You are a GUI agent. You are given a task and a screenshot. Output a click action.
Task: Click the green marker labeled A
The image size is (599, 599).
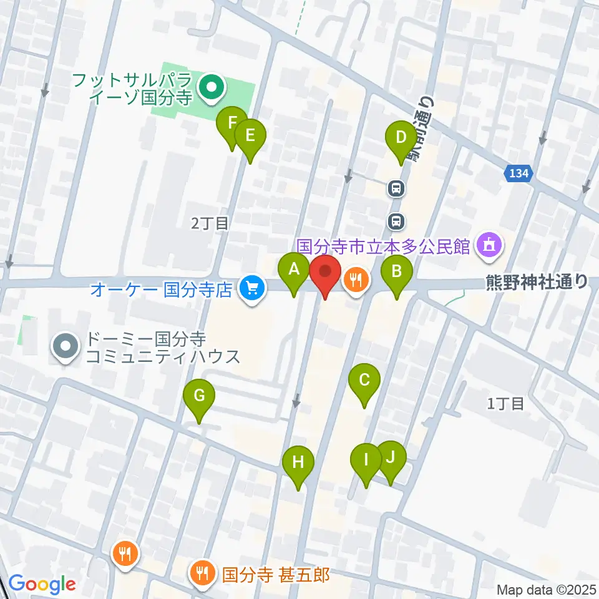pyautogui.click(x=293, y=271)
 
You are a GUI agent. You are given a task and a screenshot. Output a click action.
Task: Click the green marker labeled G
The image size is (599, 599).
pyautogui.click(x=199, y=396)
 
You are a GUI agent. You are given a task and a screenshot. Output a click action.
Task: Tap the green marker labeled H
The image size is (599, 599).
pyautogui.click(x=298, y=463)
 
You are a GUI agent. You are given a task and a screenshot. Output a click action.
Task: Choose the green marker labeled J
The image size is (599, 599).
pyautogui.click(x=391, y=457)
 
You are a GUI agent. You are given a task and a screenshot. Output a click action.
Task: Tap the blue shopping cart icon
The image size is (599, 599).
pyautogui.click(x=253, y=288)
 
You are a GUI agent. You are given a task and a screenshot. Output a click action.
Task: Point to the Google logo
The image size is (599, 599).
pyautogui.click(x=42, y=585)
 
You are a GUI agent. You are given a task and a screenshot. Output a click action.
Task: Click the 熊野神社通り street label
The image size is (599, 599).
pyautogui.click(x=537, y=283)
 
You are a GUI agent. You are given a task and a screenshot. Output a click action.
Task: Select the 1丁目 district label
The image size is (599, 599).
pyautogui.click(x=505, y=404)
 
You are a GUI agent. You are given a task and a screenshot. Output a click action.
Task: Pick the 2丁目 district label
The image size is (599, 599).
pyautogui.click(x=210, y=223)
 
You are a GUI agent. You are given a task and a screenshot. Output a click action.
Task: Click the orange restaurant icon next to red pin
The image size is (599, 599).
pyautogui.click(x=356, y=280)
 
